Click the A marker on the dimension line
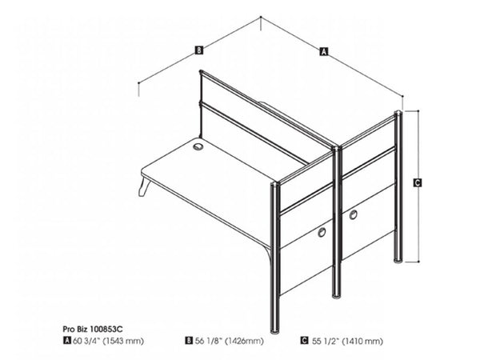click(x=323, y=53)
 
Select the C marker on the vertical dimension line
click(x=418, y=183)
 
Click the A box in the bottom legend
click(x=66, y=340)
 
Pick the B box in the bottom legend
click(x=188, y=340)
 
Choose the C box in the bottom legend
click(x=304, y=340)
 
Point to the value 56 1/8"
click(x=209, y=340)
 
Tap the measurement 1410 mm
click(x=364, y=340)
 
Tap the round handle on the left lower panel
click(x=322, y=232)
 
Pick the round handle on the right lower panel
click(x=353, y=213)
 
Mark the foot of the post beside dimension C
click(x=398, y=259)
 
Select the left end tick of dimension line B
click(x=139, y=82)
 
